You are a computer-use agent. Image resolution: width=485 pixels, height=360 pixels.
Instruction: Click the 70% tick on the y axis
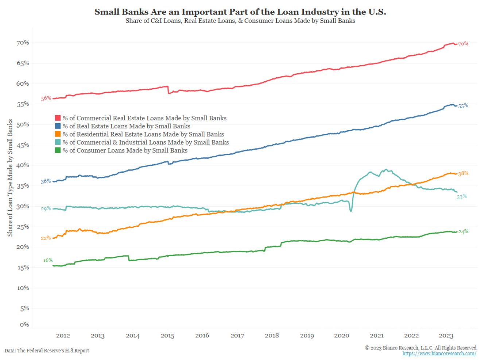coord(22,43)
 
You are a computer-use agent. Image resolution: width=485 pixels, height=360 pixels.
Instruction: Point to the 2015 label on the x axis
coord(167,336)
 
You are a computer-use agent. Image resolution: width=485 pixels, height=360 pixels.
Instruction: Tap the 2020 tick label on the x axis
coord(342,336)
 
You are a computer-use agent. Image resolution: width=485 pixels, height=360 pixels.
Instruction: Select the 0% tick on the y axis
coord(24,324)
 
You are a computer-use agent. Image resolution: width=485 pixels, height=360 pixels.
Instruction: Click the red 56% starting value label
coord(46,98)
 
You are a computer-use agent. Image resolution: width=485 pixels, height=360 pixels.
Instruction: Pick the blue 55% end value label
coord(463,106)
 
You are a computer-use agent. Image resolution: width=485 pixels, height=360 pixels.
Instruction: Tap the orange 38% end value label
coord(463,173)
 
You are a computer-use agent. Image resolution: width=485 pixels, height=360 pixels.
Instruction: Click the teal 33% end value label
coord(462,197)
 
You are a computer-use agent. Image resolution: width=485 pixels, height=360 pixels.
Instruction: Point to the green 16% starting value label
coord(48,260)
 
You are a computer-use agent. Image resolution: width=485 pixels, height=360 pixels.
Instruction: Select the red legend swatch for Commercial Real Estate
coord(58,118)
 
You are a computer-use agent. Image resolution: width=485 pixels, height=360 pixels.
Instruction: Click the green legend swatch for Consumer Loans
coord(58,150)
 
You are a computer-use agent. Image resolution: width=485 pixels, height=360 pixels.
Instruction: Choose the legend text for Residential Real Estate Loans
coord(143,134)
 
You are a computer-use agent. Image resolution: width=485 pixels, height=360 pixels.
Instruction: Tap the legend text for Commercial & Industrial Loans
coord(146,142)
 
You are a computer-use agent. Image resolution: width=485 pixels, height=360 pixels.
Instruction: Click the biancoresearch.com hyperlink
coord(439,353)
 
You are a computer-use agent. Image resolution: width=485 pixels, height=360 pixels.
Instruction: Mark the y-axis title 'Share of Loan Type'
coord(10,177)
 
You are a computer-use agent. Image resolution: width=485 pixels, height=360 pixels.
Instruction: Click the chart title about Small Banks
coord(240,12)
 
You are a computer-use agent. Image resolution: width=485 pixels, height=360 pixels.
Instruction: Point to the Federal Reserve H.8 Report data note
coord(47,351)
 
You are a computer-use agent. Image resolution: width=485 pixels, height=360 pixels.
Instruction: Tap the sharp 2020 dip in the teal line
coord(351,211)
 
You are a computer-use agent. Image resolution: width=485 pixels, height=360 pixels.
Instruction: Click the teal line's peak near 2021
coord(386,169)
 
